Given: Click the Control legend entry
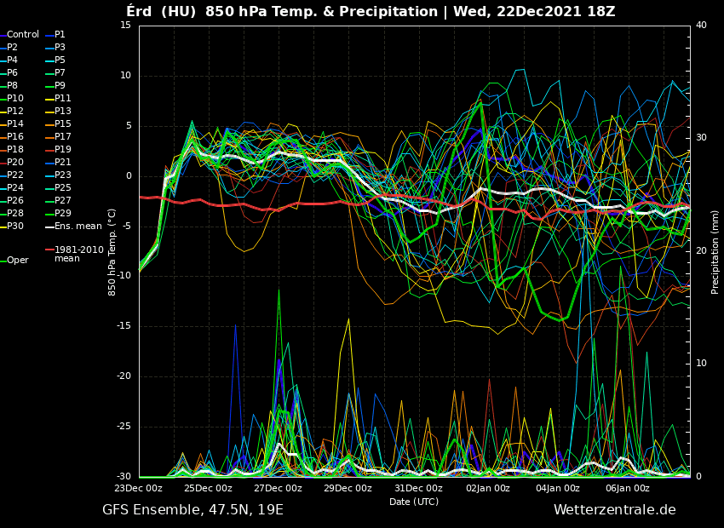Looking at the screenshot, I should pos(23,35).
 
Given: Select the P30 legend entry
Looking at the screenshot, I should pos(15,227).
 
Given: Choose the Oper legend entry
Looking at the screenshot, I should pos(18,261).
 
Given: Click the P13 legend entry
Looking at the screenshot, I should pos(63,112).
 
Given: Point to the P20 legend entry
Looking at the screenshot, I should pos(15,163).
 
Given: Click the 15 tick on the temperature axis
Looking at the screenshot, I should pos(125,26).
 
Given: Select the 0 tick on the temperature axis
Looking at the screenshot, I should pos(128,176).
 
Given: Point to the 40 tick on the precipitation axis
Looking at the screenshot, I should pos(701,26).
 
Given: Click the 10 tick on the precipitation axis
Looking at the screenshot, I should pos(701,364).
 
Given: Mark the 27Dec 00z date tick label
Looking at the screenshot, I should pos(278,489).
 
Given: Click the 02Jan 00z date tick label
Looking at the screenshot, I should pos(488,489).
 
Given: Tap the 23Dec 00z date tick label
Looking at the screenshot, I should pos(138,489).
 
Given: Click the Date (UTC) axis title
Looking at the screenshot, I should pos(414,502).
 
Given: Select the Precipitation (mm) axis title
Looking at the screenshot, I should pos(715,251).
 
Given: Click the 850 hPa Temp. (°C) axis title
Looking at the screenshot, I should pos(112,251).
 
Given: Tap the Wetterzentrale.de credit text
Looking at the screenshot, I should pos(614,510).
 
